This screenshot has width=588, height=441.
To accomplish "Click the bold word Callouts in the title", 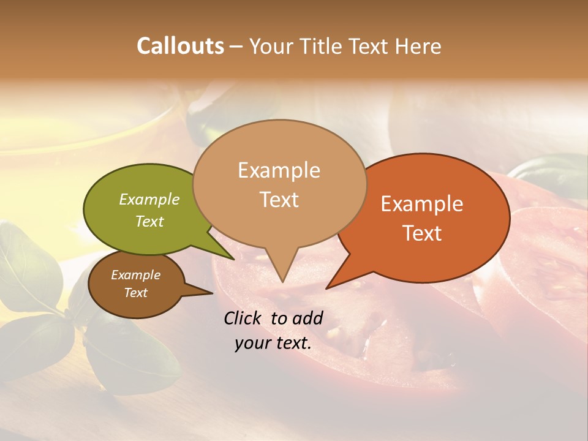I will pos(180,46).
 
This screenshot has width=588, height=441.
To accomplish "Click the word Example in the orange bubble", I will pos(422,204).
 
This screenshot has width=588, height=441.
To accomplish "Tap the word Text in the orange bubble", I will pos(422,233).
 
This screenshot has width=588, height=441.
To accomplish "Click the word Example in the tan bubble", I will pos(279,170).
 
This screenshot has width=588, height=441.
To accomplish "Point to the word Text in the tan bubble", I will pos(279,200).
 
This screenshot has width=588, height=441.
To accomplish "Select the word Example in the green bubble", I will pos(149,200).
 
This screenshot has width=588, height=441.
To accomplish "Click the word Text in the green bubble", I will pos(149,222).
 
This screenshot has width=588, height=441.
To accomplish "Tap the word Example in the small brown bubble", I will pos(135,276).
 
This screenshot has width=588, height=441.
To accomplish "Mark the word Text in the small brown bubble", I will pos(135,293).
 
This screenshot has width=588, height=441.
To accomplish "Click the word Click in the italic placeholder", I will pos(245,318).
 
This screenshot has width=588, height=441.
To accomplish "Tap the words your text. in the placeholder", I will pos(273,343).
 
